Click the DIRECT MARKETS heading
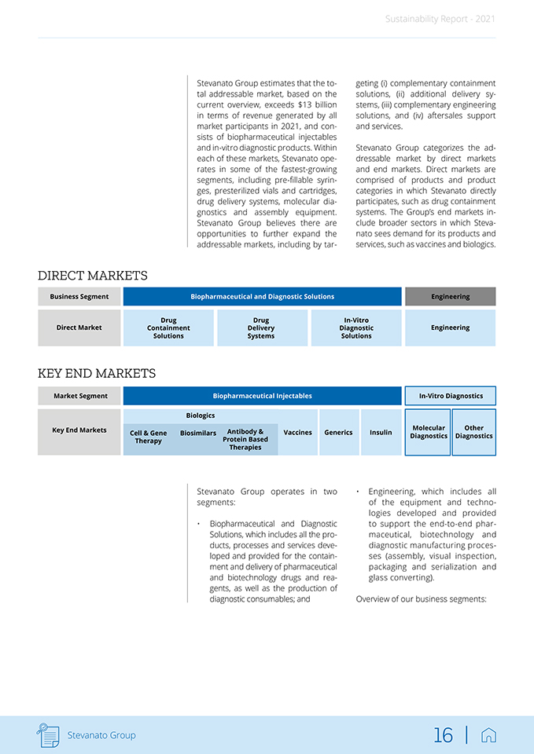click(x=93, y=276)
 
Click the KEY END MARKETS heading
click(x=97, y=374)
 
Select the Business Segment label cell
click(x=79, y=297)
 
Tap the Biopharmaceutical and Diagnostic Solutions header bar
click(x=262, y=297)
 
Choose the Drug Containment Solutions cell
click(x=168, y=328)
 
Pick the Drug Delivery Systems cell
click(x=261, y=328)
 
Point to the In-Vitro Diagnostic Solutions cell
click(x=356, y=328)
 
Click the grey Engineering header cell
click(x=450, y=297)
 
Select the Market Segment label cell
click(x=80, y=396)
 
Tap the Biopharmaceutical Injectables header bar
click(x=262, y=396)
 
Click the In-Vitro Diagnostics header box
click(x=451, y=396)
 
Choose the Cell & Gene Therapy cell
click(x=149, y=437)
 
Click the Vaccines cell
click(x=297, y=432)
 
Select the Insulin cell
click(x=381, y=432)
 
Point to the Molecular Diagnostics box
click(x=429, y=432)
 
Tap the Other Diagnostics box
click(x=474, y=432)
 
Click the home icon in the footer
click(x=488, y=735)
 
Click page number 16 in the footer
click(x=444, y=735)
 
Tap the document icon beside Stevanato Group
click(x=48, y=735)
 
